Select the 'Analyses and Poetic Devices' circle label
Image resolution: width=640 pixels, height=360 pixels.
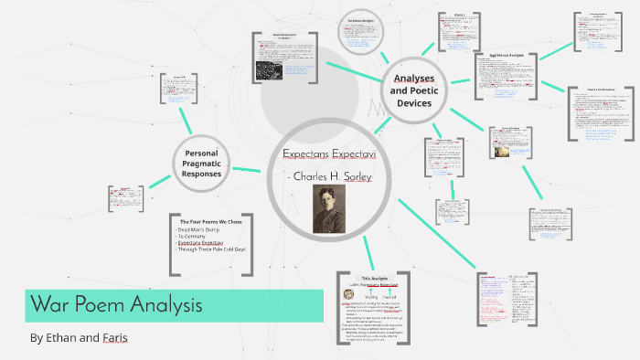[x=414, y=90]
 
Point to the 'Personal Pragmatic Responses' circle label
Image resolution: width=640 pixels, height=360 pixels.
[x=199, y=163]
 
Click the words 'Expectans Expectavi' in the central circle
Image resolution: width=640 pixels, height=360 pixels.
[x=328, y=152]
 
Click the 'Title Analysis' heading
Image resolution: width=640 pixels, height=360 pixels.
[x=376, y=278]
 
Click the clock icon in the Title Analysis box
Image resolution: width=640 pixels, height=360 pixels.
[x=348, y=294]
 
